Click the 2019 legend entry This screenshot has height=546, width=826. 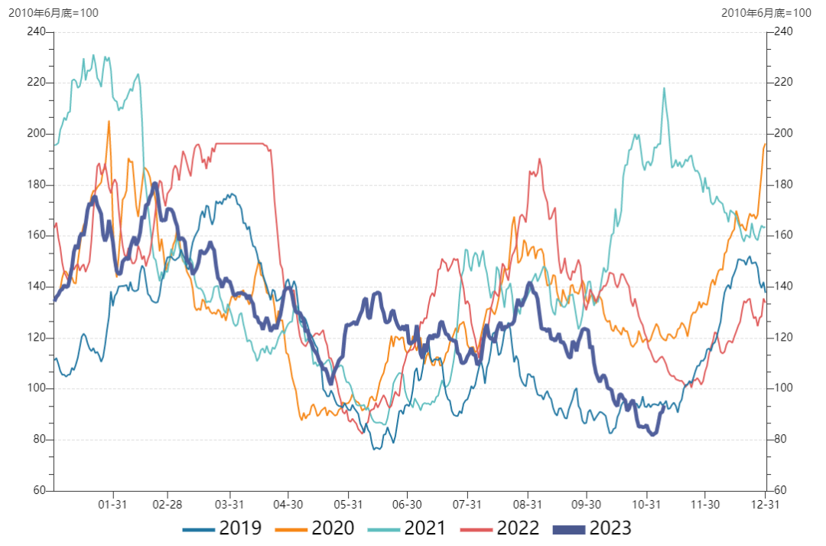click(222, 528)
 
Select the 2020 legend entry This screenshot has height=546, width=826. click(314, 528)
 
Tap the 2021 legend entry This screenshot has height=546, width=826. click(407, 528)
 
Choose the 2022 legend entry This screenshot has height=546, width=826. click(499, 528)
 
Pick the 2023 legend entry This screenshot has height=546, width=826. click(592, 528)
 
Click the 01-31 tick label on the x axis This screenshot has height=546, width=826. click(112, 505)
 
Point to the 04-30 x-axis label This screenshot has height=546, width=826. click(288, 505)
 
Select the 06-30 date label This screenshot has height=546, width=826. click(407, 505)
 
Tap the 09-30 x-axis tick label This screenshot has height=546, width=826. click(587, 505)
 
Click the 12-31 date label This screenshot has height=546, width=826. click(765, 505)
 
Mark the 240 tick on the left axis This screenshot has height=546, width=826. click(36, 31)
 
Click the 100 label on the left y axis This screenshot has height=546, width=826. click(36, 388)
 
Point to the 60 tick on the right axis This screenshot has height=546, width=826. click(780, 490)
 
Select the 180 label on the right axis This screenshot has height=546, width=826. click(783, 185)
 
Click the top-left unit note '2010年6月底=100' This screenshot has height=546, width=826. click(54, 13)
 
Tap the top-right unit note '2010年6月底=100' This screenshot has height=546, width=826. click(766, 13)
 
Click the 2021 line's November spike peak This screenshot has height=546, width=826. click(664, 88)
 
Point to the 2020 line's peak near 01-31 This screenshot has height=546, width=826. click(109, 121)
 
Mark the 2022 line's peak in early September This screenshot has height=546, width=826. click(539, 159)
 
